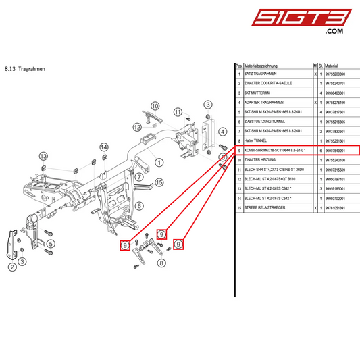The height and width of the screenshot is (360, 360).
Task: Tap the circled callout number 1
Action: point(159,162)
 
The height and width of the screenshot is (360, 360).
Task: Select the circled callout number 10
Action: point(155,106)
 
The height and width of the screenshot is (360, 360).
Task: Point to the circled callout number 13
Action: point(43,157)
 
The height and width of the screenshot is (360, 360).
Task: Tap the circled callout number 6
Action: point(140,206)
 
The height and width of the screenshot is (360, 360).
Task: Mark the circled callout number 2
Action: point(12,267)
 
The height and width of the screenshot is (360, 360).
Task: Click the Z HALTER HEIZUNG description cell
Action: point(259,160)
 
